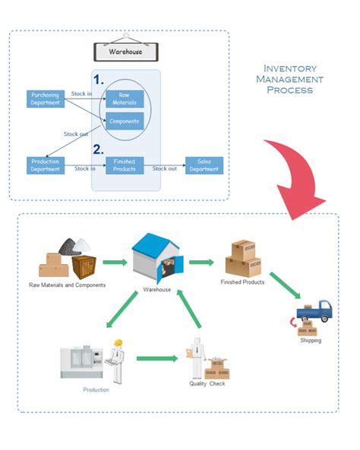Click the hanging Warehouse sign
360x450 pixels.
click(x=126, y=52)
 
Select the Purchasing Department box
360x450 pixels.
click(x=46, y=99)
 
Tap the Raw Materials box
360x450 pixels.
click(x=125, y=99)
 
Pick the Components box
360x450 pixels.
click(x=125, y=121)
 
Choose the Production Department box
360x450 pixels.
click(x=46, y=165)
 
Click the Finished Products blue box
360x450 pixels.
click(x=125, y=165)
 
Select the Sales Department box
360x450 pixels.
click(x=204, y=165)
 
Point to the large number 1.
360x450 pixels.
click(x=98, y=80)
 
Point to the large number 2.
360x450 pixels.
click(x=98, y=149)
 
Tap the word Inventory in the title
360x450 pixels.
click(x=290, y=68)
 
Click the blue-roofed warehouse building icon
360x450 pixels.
click(x=157, y=258)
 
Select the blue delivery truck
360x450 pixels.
click(x=314, y=311)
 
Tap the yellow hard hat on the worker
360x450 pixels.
click(x=118, y=343)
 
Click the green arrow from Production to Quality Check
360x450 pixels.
click(x=157, y=358)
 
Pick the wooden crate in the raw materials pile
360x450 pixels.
click(x=84, y=267)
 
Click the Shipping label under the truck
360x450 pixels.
click(x=311, y=341)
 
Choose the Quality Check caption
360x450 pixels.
click(x=207, y=384)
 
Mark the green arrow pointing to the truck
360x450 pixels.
click(x=286, y=285)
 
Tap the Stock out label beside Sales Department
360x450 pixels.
click(x=164, y=168)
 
